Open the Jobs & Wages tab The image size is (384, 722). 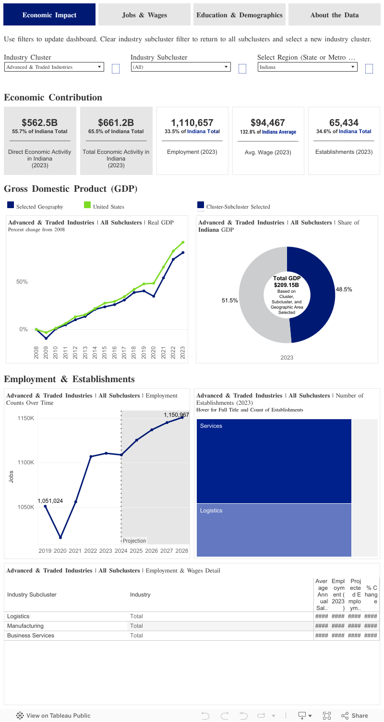coord(144,15)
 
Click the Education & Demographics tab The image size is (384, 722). coord(240,15)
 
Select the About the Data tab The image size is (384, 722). coord(334,15)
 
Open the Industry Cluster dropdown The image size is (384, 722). coord(54,67)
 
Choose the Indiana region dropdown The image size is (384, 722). coord(308,67)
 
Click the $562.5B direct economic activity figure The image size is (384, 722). coord(40,123)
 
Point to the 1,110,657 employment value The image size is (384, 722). coord(192,123)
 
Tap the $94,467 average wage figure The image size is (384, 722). coord(268,123)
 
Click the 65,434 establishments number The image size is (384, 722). coord(344,123)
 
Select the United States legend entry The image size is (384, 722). coord(108,207)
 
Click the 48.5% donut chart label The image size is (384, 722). coord(344,289)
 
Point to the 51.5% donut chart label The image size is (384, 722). coord(230,300)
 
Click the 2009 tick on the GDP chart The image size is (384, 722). coord(46,352)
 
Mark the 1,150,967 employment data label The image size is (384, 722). coord(176,414)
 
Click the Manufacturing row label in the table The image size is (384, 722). coord(25,626)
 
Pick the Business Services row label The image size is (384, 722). coord(31,635)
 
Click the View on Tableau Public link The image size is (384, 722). coord(53,715)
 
